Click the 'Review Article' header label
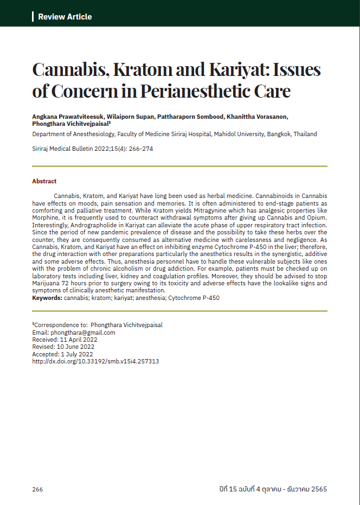click(x=65, y=17)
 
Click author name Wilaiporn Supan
click(x=131, y=117)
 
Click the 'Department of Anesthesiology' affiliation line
click(x=175, y=134)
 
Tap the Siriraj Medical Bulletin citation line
click(x=93, y=148)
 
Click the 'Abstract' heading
click(x=44, y=181)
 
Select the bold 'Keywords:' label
click(x=47, y=298)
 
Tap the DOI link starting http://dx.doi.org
click(x=95, y=361)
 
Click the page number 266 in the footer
click(x=37, y=489)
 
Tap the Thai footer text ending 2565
click(x=269, y=489)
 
